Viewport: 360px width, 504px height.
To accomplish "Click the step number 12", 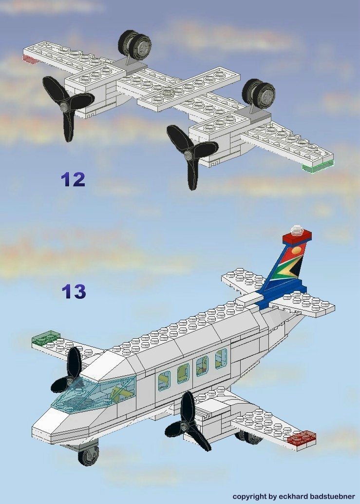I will (73, 179).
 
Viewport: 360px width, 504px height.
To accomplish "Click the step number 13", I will (74, 291).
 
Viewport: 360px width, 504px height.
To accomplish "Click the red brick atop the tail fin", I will (297, 237).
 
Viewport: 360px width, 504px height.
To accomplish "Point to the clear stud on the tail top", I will (297, 229).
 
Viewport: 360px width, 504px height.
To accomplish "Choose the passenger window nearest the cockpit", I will (164, 380).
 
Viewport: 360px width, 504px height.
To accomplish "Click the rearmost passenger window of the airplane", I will (221, 358).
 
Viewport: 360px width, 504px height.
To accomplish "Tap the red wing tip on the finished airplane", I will (302, 439).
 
